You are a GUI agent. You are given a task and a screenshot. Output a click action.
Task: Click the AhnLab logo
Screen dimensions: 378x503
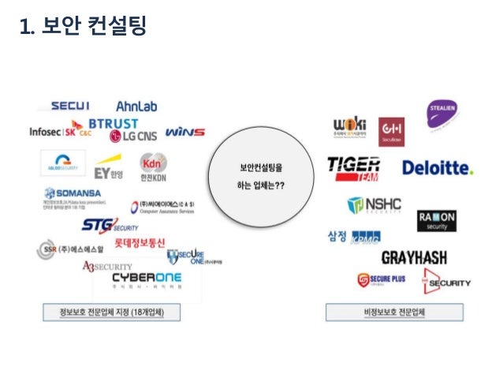(x=139, y=106)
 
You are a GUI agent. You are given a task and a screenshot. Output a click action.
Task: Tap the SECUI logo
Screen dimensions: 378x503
(x=70, y=106)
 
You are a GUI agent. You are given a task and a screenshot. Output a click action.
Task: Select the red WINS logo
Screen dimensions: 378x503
(x=185, y=132)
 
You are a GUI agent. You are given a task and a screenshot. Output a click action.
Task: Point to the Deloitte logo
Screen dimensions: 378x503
(x=438, y=167)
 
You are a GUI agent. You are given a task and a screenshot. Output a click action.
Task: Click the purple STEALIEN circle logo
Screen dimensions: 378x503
(x=443, y=112)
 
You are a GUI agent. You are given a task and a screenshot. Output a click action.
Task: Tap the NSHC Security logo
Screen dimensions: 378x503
(x=374, y=205)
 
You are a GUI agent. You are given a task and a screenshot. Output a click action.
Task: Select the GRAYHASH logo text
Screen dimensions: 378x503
(x=414, y=257)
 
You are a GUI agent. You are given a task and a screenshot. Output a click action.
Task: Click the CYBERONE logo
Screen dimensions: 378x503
(x=146, y=279)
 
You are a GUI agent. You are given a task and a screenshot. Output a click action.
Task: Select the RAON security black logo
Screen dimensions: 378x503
(x=437, y=219)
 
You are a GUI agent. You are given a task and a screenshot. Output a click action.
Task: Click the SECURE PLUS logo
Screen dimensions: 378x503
(x=382, y=279)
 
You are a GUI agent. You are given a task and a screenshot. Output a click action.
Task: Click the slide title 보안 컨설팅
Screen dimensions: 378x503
(x=83, y=28)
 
